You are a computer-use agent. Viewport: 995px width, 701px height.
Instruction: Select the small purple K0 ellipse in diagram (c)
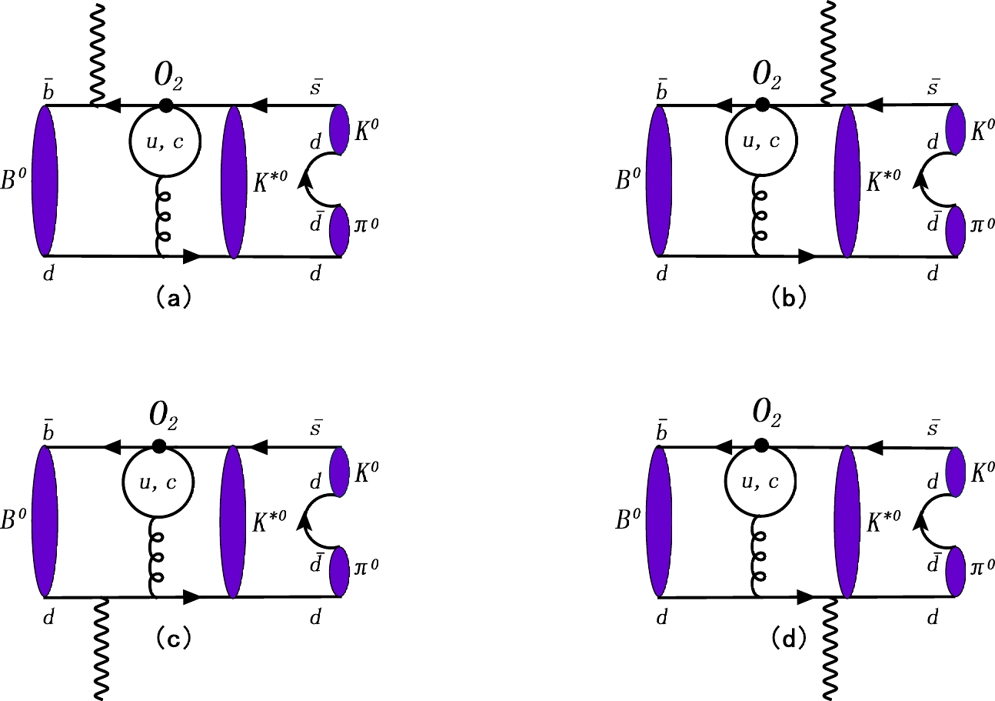(341, 469)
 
